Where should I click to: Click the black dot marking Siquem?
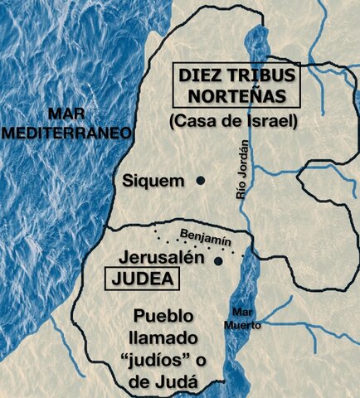click(x=200, y=180)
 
